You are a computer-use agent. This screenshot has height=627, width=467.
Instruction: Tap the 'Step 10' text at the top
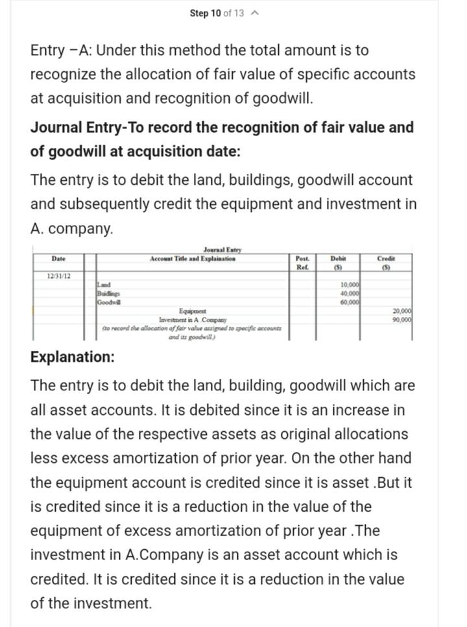point(206,14)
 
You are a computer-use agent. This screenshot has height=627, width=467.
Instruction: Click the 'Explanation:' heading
point(73,357)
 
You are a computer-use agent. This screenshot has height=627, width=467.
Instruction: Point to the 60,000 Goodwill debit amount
point(350,302)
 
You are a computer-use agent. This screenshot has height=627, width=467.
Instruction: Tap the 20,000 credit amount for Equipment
point(401,311)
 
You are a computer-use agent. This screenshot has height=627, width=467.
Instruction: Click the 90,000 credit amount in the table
point(401,320)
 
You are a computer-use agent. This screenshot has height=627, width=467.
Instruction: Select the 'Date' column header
point(58,259)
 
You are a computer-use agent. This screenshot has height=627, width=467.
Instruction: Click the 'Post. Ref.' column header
point(302,262)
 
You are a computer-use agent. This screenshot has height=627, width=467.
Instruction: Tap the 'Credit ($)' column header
point(385,262)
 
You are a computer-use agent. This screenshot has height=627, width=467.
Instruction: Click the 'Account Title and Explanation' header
point(193,259)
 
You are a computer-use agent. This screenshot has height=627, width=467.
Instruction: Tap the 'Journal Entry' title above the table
point(219,250)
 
